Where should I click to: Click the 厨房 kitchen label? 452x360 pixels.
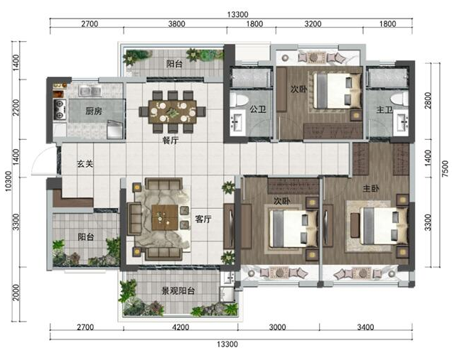point(94,111)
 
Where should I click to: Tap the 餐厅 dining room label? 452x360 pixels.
point(171,141)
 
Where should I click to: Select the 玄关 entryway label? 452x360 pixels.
point(85,164)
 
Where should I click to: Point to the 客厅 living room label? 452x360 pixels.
point(203,219)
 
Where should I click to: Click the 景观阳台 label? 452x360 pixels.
point(178,291)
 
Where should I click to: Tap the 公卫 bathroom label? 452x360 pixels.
point(258,109)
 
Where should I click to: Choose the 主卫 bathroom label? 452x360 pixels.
point(384,109)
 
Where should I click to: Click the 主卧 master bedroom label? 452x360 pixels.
point(371,189)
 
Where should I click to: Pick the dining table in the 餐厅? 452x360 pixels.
point(173,111)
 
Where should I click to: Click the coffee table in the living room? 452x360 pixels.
point(165,217)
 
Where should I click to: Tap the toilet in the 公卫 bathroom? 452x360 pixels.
point(239,99)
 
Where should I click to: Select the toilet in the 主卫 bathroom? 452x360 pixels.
point(400,99)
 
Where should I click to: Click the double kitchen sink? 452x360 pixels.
point(90,91)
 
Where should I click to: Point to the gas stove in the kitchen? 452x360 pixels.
point(60,109)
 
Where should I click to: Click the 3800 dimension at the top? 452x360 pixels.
point(177,23)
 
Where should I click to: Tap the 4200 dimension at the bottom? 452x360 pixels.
point(181,327)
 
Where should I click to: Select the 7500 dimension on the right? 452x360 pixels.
point(446,169)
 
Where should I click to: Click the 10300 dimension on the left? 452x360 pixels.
point(9,181)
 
